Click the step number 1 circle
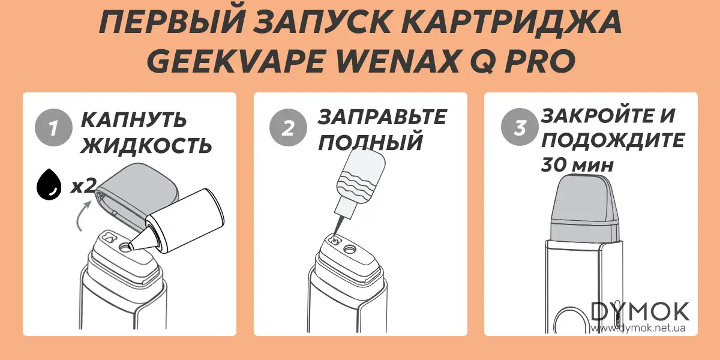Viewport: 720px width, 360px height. click(53, 128)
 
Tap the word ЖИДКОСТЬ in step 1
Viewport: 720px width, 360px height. click(146, 145)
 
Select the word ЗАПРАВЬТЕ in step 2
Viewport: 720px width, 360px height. click(382, 116)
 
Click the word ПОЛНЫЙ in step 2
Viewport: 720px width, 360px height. click(370, 143)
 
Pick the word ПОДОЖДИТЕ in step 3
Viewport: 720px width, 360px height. click(613, 140)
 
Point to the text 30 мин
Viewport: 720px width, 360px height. click(577, 165)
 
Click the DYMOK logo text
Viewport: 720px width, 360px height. click(640, 311)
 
